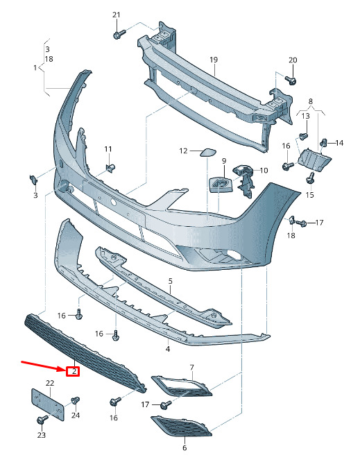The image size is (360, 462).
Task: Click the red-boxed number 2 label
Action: click(x=74, y=371)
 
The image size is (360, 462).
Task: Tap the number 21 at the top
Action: click(x=117, y=15)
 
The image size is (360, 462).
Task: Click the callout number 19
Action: click(x=214, y=60)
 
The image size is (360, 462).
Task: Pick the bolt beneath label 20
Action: click(x=291, y=80)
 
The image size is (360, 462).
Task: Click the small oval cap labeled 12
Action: click(x=208, y=152)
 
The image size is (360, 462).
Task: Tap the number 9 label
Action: click(x=224, y=161)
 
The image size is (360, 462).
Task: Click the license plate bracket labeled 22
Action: click(x=47, y=404)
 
